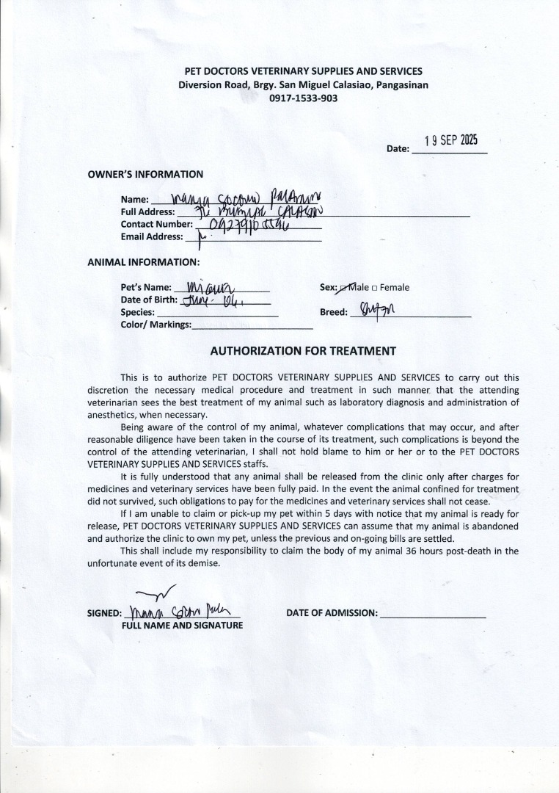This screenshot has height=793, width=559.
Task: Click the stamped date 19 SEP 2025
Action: point(451,142)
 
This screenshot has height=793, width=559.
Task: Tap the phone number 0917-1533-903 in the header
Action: point(304,98)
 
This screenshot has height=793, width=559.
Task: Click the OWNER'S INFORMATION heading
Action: point(145,174)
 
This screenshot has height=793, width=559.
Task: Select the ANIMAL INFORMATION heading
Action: point(143,262)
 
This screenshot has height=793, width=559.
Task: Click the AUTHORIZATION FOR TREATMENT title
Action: point(303,351)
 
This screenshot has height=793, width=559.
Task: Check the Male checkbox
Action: point(343,288)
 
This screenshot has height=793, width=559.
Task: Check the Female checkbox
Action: point(375,288)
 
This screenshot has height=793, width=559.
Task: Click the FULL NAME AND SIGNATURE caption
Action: point(182,626)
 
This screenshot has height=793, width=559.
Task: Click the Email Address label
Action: point(152,236)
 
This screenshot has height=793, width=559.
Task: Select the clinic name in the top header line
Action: point(304,71)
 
